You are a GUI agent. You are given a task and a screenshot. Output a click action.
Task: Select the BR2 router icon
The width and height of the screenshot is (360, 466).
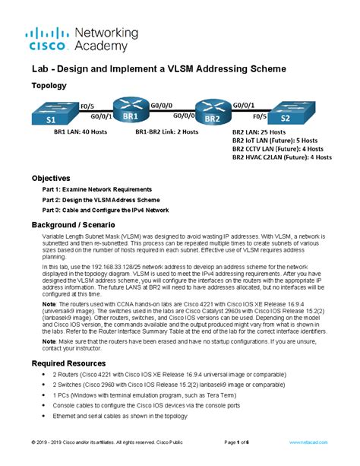(x=213, y=113)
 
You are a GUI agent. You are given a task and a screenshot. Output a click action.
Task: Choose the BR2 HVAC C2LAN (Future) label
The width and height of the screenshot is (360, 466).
(x=282, y=158)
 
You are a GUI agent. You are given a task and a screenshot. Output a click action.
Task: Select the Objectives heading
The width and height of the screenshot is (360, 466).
(x=52, y=177)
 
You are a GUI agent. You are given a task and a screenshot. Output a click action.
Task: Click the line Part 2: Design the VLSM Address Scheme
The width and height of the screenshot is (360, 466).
(x=106, y=199)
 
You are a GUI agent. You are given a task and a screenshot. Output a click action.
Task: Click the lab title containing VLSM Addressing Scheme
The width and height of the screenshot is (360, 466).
(x=159, y=68)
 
